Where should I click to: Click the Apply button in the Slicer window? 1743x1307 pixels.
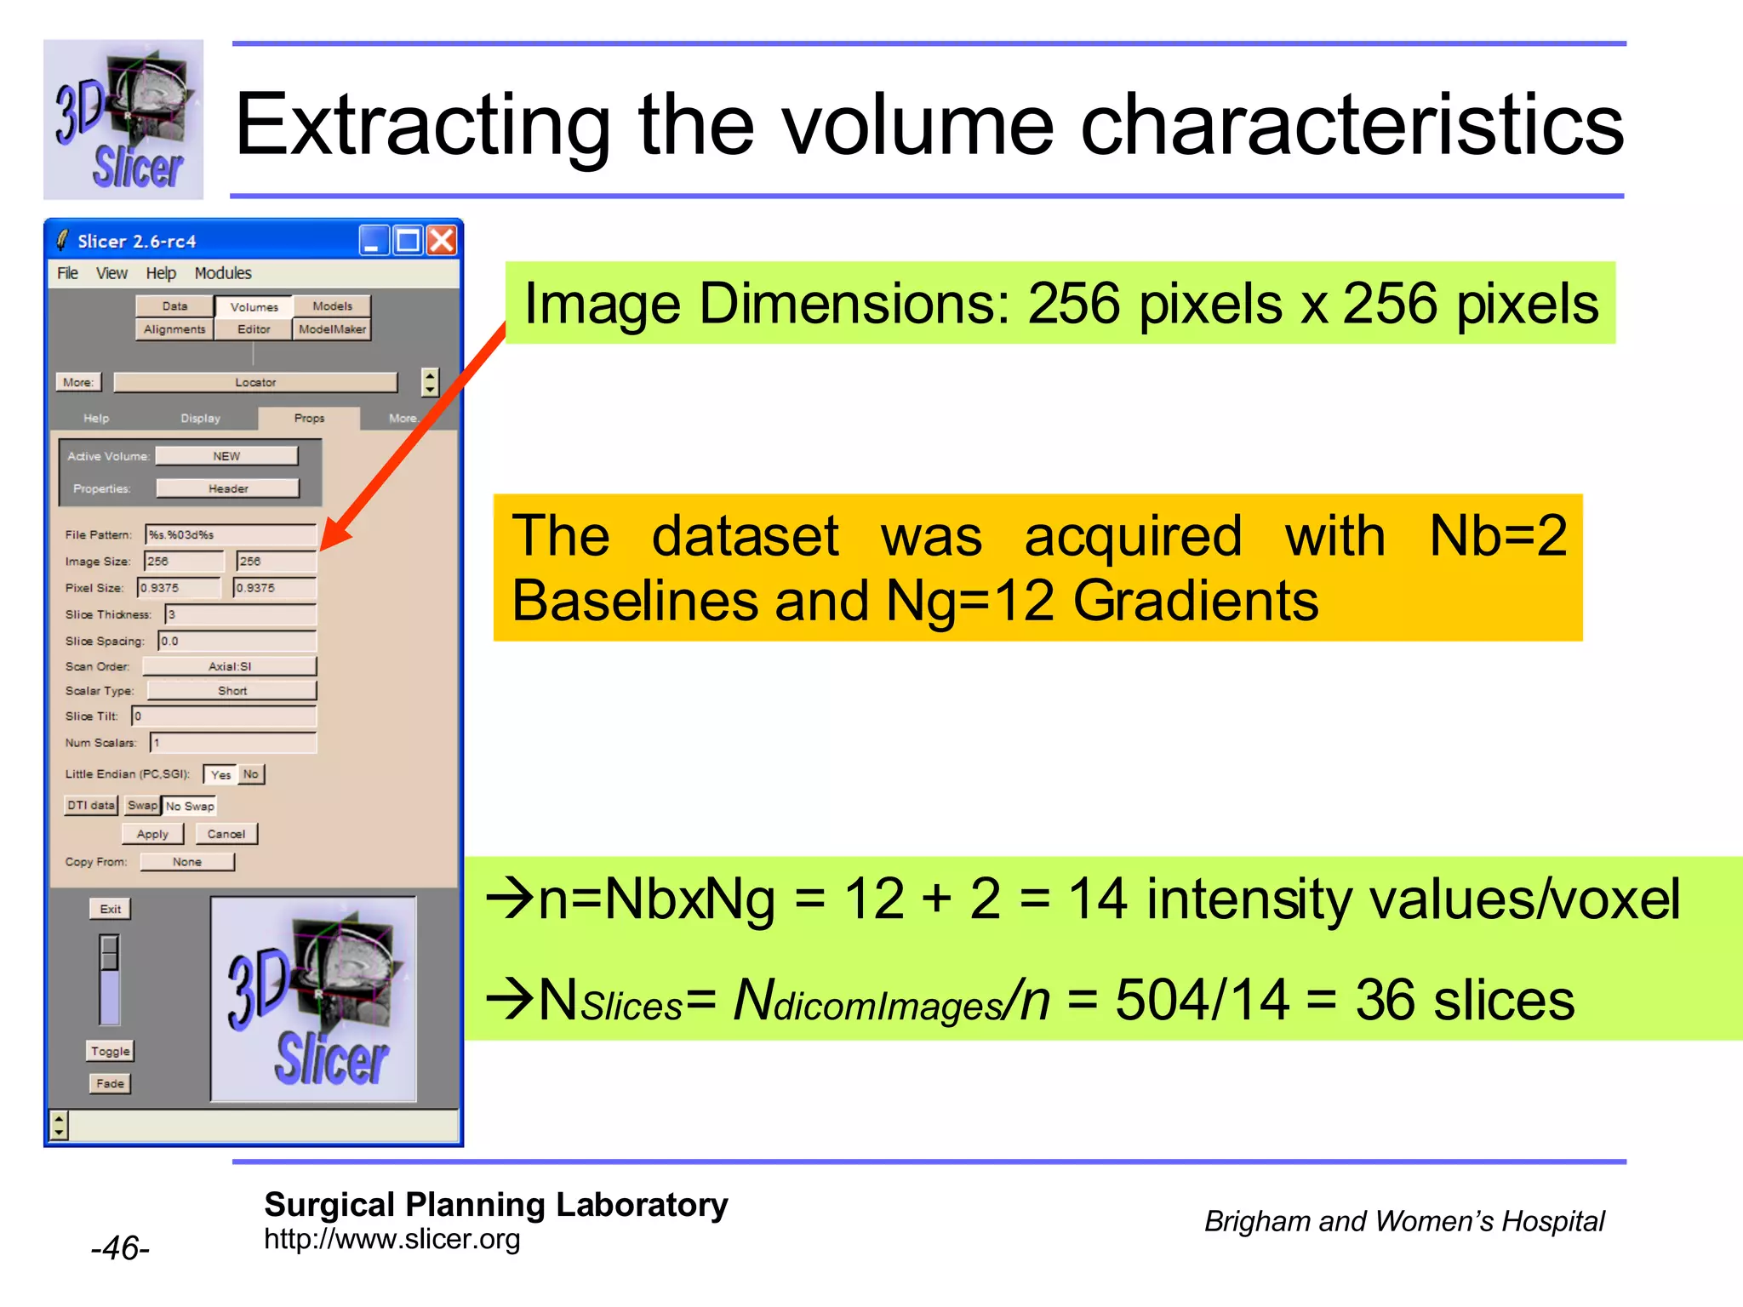click(152, 834)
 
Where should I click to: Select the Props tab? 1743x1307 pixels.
click(309, 418)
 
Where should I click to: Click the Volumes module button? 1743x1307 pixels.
click(254, 306)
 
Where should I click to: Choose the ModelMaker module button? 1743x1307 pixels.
click(332, 329)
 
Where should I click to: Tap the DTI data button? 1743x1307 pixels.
click(91, 805)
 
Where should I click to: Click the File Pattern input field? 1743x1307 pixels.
click(231, 534)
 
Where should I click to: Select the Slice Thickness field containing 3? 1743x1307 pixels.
click(240, 614)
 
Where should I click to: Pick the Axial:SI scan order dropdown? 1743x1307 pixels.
click(230, 666)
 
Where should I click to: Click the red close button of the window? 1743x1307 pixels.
click(442, 241)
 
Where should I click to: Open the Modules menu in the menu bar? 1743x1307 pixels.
click(223, 273)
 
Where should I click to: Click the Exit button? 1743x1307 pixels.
click(110, 909)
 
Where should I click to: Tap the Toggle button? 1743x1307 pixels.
click(111, 1051)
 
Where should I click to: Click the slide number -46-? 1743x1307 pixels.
click(120, 1248)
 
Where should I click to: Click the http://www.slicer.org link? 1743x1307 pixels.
click(391, 1239)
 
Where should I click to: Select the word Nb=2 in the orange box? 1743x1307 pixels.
click(1497, 536)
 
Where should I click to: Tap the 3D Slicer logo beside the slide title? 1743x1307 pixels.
click(123, 120)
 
